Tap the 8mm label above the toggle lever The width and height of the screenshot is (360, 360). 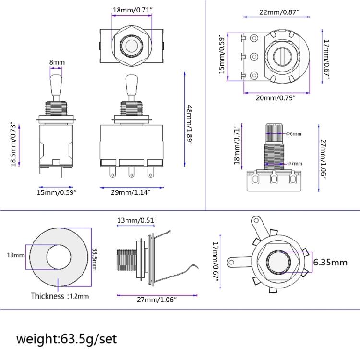[57, 63]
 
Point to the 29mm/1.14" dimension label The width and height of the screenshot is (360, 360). [129, 192]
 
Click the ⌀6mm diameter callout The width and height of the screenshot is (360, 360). [293, 134]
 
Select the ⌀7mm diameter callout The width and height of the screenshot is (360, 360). [294, 164]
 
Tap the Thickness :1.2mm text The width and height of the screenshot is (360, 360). [60, 296]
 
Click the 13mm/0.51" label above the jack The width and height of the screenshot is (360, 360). [137, 220]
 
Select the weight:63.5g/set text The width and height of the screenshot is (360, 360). [67, 339]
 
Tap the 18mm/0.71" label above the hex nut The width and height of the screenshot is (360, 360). [130, 9]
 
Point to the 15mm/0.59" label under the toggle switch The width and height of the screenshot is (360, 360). [57, 192]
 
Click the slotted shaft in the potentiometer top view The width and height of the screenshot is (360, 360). [280, 58]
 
